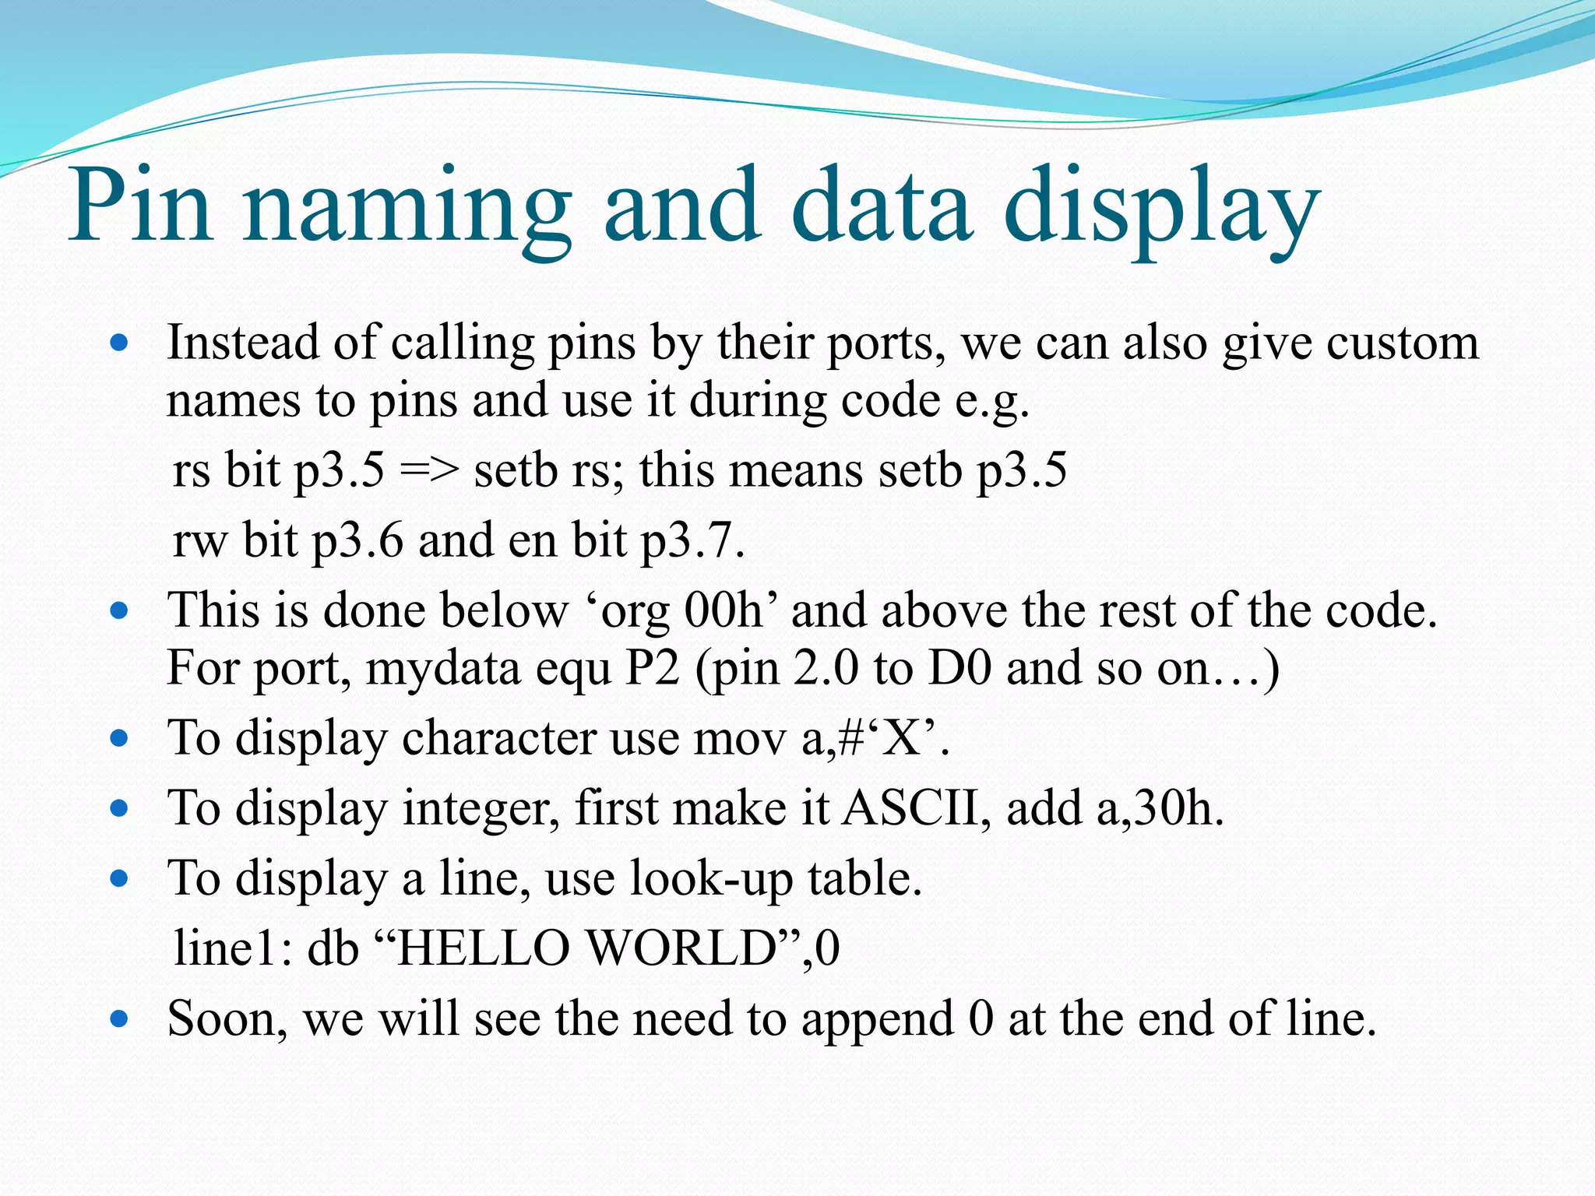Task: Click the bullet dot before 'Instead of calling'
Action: (x=119, y=343)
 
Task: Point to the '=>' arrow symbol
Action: (x=428, y=470)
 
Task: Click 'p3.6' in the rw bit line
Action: (x=357, y=540)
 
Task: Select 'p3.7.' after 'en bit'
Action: (x=692, y=540)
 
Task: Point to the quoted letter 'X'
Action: (x=903, y=737)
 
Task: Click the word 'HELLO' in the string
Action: (x=483, y=948)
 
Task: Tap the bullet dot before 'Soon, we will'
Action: (x=119, y=1018)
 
